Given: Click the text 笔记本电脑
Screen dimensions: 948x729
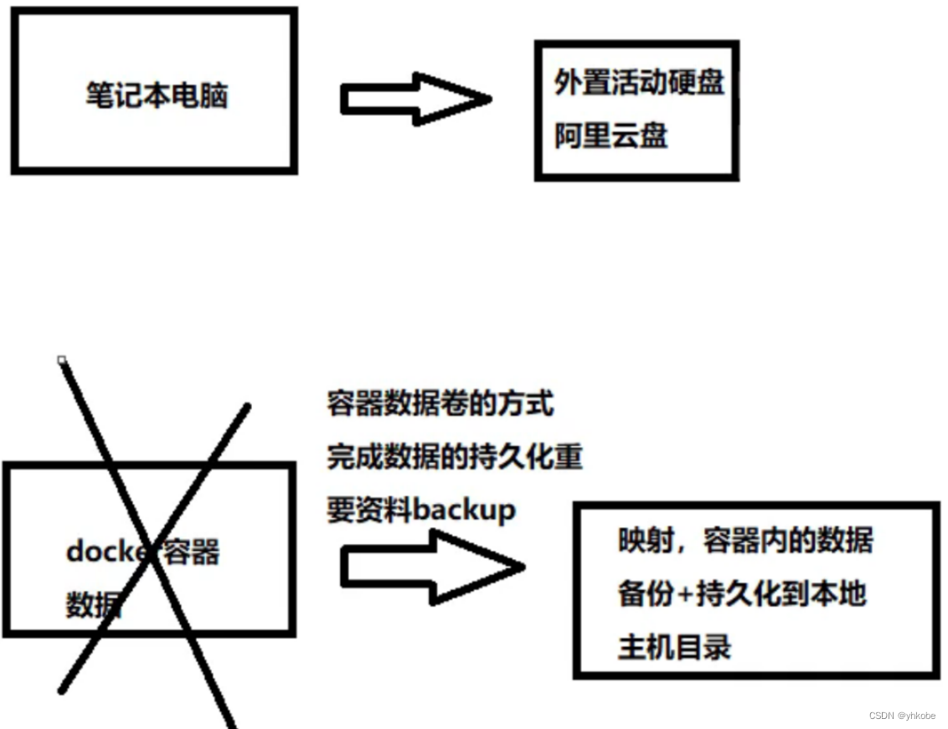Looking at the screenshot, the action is (157, 95).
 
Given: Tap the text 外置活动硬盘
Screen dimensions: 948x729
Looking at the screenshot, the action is (639, 82).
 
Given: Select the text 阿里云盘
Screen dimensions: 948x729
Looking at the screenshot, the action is (611, 135).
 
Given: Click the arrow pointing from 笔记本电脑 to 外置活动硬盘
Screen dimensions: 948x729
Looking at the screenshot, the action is (415, 100).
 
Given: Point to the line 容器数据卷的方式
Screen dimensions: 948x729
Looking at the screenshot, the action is (441, 404).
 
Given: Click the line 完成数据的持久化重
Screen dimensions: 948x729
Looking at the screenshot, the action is (455, 457).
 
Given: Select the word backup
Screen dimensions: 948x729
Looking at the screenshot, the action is (465, 510).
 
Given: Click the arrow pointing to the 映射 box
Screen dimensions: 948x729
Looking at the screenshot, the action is (431, 567).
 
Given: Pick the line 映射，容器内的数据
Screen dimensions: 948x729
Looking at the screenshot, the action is (745, 540).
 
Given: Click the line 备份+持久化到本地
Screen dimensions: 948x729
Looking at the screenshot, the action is (741, 593).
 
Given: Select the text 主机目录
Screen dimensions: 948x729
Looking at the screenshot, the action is (674, 646).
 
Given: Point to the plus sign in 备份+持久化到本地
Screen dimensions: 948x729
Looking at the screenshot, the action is (685, 594).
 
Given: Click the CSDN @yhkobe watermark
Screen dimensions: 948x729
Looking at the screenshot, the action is (902, 716).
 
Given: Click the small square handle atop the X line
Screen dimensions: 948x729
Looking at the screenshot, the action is (61, 360).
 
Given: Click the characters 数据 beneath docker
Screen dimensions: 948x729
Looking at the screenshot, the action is (94, 604).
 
